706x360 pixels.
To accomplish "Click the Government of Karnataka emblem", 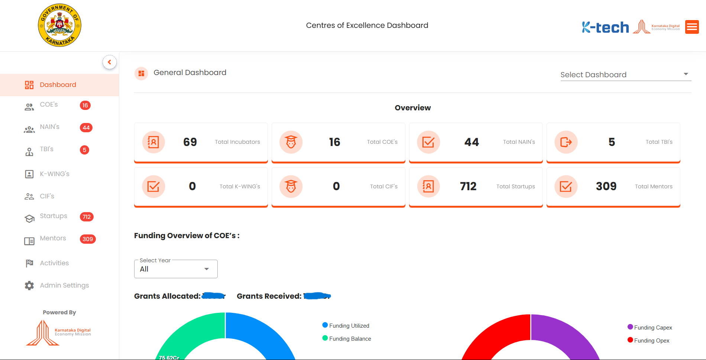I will (x=59, y=25).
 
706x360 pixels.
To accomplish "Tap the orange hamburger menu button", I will (x=692, y=27).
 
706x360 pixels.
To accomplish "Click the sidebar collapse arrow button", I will (x=109, y=62).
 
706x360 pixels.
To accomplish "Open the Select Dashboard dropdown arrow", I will (x=686, y=74).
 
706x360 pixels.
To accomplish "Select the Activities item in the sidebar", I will (x=54, y=263).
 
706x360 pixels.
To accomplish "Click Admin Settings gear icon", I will (x=29, y=285).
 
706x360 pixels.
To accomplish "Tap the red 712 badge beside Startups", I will (x=87, y=217).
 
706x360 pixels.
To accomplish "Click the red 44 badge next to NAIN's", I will (x=86, y=128).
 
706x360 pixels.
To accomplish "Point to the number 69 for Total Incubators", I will (x=190, y=142).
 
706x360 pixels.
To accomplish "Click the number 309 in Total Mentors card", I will (x=606, y=186).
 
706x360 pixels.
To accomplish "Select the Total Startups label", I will (x=515, y=187).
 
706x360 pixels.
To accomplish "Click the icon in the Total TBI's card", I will (x=566, y=142).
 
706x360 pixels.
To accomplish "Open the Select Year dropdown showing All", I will (x=176, y=269).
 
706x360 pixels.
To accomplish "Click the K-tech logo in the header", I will (x=605, y=27).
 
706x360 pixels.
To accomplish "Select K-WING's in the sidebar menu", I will (x=54, y=174).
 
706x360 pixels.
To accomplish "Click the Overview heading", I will (x=412, y=108).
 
